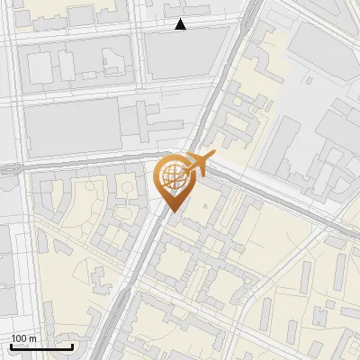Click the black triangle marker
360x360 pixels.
[x=181, y=25]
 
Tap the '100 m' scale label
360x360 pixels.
[x=23, y=338]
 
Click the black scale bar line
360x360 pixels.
[x=41, y=346]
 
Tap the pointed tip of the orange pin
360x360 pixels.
[x=174, y=211]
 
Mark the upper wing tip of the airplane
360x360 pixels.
[x=190, y=154]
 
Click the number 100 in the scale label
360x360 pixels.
[x=19, y=338]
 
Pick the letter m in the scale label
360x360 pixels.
[x=32, y=338]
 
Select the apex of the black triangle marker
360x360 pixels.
[x=181, y=20]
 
